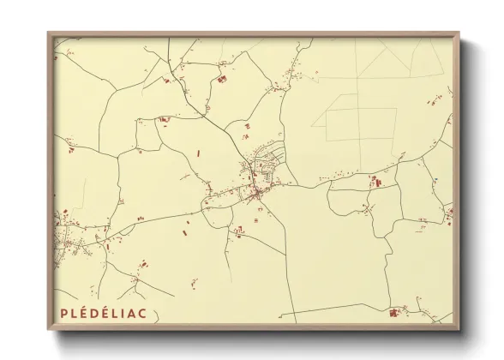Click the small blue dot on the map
tap(435, 179)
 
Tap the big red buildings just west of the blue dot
tap(374, 181)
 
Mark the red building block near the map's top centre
tap(222, 79)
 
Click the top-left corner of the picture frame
tap(49, 34)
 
